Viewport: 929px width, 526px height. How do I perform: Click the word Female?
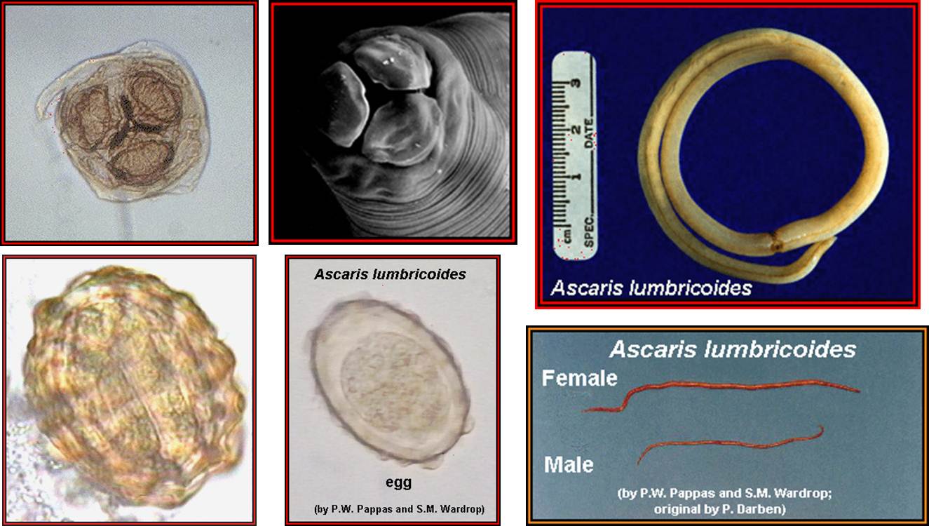579,378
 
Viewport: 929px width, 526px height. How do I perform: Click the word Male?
569,464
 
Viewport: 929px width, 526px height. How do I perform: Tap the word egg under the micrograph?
398,483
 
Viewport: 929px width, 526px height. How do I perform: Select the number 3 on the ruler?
575,83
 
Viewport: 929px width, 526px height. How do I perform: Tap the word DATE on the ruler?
589,133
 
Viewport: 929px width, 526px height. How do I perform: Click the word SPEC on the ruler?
589,230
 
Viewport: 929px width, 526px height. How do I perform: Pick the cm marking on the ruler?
567,236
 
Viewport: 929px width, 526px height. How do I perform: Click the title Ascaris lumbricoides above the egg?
390,274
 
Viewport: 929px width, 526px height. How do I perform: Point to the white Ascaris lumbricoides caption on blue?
651,288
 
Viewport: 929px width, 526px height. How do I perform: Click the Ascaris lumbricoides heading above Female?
733,349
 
